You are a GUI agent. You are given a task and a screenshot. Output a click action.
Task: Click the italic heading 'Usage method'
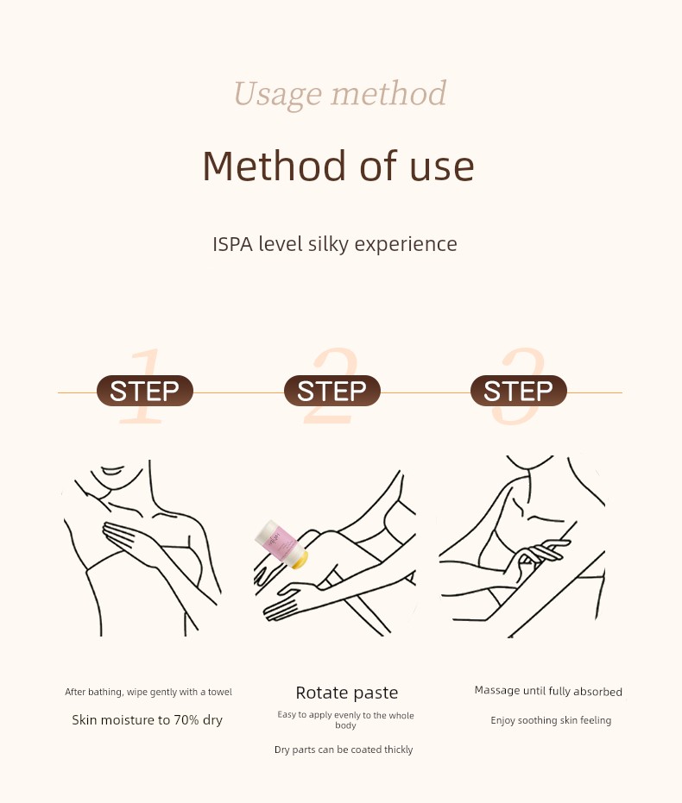pos(340,94)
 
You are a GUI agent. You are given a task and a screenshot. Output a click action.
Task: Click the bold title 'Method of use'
pos(338,166)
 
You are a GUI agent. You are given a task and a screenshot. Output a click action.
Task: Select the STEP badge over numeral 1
pos(144,391)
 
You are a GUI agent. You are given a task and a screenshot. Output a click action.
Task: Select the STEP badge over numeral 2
pos(332,391)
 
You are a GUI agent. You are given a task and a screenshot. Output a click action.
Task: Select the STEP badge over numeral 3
pos(519,391)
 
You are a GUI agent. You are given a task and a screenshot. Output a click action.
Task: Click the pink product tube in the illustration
pos(281,544)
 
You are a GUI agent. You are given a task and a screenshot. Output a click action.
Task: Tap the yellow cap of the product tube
pos(299,559)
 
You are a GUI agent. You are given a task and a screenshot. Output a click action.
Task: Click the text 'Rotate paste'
pos(347,693)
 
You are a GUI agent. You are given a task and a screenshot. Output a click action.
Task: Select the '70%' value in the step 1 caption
pos(186,720)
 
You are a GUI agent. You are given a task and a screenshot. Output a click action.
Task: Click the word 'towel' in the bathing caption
pos(220,692)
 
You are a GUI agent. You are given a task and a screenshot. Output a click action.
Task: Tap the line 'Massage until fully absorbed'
pos(548,691)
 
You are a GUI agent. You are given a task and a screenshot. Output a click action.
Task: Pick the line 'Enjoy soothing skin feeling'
pos(551,720)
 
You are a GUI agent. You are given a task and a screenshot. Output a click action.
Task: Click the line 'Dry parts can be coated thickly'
pos(344,750)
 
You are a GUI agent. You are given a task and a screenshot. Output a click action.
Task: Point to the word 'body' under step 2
pos(345,725)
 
